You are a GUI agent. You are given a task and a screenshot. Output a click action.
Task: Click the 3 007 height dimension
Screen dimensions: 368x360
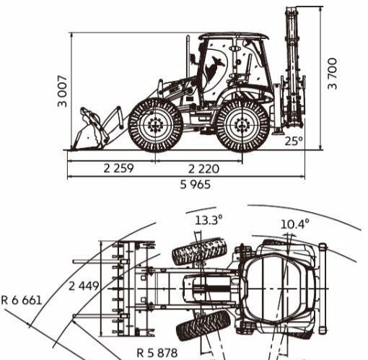[x=63, y=91]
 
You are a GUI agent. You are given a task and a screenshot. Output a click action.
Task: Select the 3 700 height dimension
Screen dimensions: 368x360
[x=333, y=74]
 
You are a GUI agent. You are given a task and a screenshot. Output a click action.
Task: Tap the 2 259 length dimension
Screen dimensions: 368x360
[x=118, y=168]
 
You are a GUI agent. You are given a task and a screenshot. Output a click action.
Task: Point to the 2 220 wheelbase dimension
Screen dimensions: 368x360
[x=203, y=169]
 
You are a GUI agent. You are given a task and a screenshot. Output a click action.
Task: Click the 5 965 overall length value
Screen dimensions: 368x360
[x=196, y=185]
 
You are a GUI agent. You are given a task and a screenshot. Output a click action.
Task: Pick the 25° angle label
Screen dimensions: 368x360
[x=294, y=141]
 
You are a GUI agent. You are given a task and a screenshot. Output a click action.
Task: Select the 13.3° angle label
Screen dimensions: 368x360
[x=209, y=220]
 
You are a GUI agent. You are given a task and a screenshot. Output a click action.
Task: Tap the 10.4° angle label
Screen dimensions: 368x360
[x=294, y=224]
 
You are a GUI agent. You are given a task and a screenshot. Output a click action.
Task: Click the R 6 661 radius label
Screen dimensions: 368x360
[x=22, y=300]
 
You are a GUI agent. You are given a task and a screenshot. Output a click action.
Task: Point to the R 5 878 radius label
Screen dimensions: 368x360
[x=157, y=353]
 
